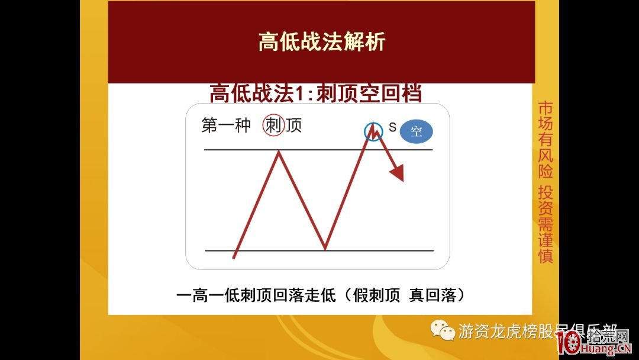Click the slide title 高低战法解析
[x=321, y=42]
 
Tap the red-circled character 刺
[x=273, y=126]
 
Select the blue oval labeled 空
[x=416, y=131]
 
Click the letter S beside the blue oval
[x=392, y=127]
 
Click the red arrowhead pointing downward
[x=397, y=172]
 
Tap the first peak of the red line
[x=279, y=152]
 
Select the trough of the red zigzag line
[x=324, y=247]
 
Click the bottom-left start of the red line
[x=234, y=258]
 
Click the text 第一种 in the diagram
[x=226, y=126]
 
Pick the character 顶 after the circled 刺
[x=293, y=126]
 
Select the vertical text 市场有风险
[x=545, y=140]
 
